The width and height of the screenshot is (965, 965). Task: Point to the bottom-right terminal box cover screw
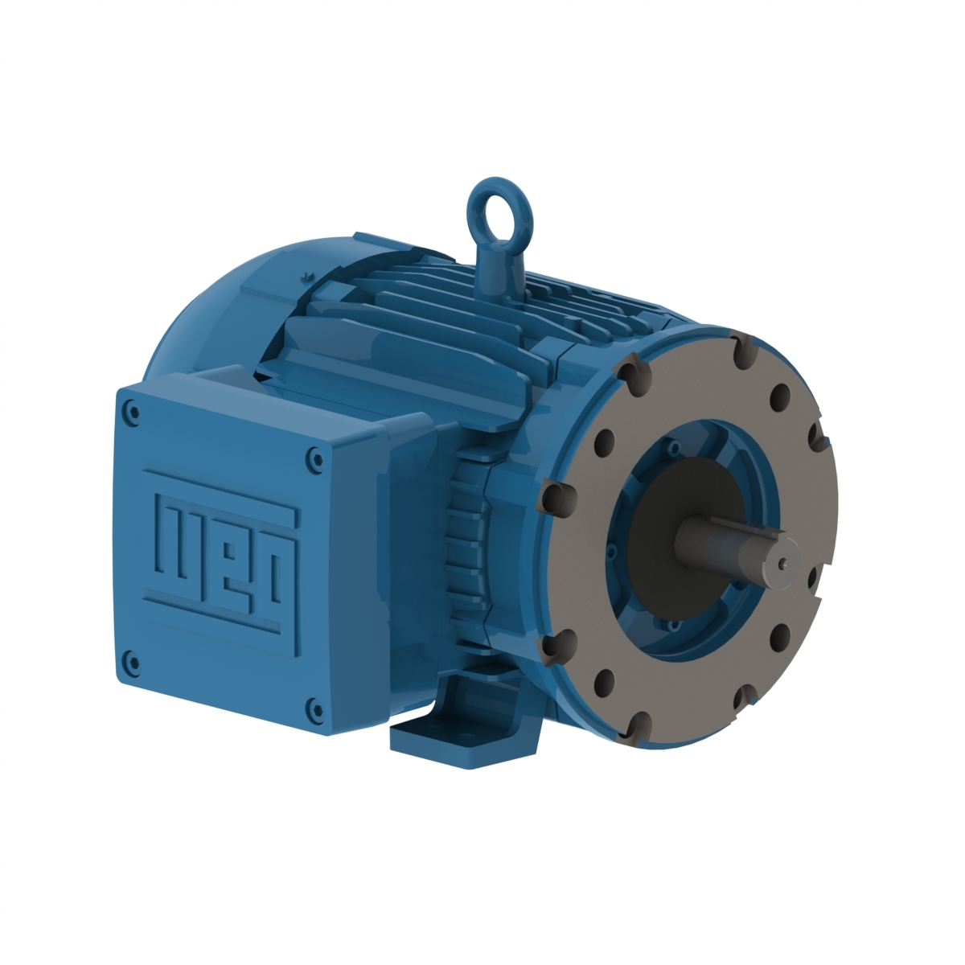[312, 708]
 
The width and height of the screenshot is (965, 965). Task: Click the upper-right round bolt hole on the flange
[778, 395]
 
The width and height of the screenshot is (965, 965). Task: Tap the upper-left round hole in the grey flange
[606, 441]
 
